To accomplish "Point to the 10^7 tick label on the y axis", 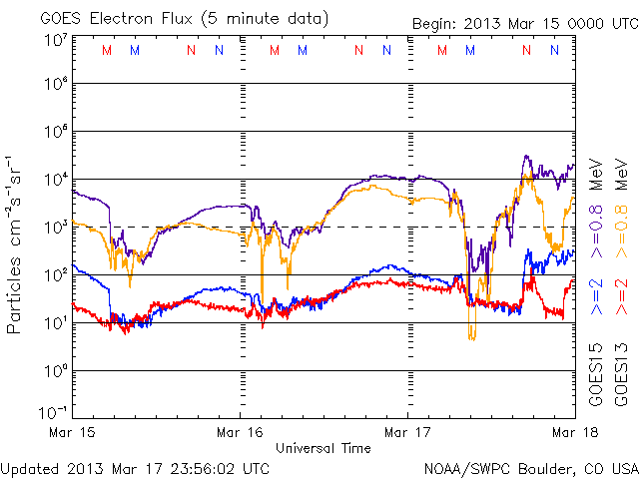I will [54, 41].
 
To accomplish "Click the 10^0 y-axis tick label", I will [54, 371].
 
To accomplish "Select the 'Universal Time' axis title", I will [323, 448].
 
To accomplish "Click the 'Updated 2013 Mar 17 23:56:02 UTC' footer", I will [135, 467].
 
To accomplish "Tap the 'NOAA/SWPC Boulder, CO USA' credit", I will [530, 467].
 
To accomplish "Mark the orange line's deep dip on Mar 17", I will [472, 337].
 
